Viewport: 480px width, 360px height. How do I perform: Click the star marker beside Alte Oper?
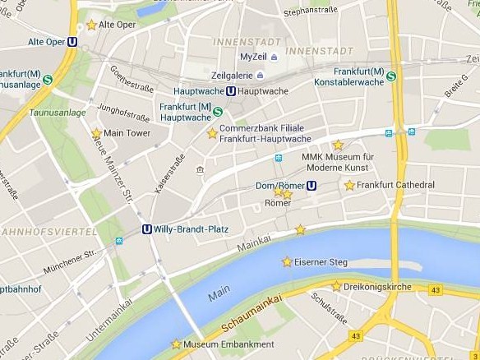click(x=90, y=25)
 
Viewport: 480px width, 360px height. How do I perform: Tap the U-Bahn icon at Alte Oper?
click(x=73, y=41)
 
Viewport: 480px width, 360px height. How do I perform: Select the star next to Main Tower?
click(x=96, y=133)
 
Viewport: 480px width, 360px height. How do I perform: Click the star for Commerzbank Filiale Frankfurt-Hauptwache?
click(x=212, y=133)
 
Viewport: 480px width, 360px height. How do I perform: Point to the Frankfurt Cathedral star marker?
click(x=349, y=186)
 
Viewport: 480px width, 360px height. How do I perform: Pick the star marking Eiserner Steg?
click(x=287, y=262)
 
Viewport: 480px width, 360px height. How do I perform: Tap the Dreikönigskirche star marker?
click(x=336, y=286)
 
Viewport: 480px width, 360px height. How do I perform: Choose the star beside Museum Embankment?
click(x=175, y=344)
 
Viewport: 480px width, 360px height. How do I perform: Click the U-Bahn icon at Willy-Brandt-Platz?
click(x=147, y=229)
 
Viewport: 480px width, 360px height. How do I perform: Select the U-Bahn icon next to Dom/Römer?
click(x=312, y=185)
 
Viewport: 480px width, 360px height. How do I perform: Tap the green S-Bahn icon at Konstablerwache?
click(x=391, y=76)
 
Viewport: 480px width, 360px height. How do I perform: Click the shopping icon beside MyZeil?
click(x=274, y=57)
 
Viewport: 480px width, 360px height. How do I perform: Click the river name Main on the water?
click(x=219, y=293)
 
